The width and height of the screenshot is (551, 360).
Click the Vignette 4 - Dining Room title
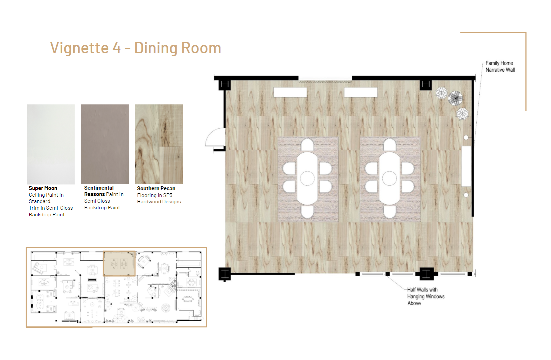click(136, 48)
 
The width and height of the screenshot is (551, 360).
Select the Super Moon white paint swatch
click(51, 144)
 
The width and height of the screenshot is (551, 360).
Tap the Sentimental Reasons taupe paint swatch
click(105, 144)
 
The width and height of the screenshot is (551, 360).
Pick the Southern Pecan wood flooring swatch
click(159, 144)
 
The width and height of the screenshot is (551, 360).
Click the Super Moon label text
click(43, 188)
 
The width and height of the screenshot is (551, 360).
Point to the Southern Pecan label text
click(156, 188)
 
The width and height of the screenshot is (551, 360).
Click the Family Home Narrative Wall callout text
click(500, 66)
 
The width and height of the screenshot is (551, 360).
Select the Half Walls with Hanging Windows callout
click(426, 296)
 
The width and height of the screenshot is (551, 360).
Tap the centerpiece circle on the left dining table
click(307, 178)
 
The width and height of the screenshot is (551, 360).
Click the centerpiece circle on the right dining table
click(389, 178)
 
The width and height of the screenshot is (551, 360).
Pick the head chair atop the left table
click(307, 144)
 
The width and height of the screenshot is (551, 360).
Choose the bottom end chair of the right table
click(389, 212)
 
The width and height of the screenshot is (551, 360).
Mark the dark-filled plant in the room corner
click(455, 98)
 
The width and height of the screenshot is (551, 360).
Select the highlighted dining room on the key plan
click(119, 263)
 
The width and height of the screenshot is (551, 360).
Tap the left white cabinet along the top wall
click(290, 92)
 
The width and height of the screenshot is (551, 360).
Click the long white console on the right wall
click(466, 166)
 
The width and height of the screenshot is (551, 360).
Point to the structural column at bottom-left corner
click(225, 274)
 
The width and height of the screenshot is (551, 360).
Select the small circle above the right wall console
click(466, 138)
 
